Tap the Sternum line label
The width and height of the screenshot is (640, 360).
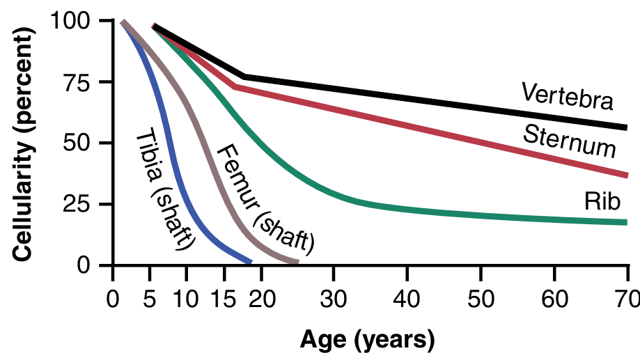pos(570,140)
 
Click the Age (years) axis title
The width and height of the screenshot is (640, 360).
pos(367,341)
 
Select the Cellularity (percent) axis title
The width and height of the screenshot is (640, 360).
pos(24,143)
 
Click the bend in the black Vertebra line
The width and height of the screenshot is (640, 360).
pos(243,76)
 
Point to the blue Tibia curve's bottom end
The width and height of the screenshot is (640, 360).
pos(249,262)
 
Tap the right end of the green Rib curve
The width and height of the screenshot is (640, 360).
pos(626,222)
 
